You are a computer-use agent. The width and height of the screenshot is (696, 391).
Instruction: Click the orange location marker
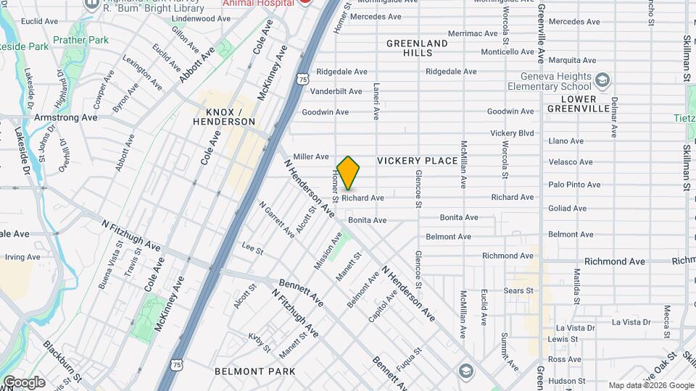pos(349,172)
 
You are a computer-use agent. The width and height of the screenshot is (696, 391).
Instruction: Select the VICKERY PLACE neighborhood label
pos(418,161)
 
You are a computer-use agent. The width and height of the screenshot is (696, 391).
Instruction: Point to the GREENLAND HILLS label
pos(417,49)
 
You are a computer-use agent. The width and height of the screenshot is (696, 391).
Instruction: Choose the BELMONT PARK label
pos(254,371)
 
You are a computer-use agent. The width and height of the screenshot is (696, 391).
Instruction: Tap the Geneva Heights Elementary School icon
pos(603,77)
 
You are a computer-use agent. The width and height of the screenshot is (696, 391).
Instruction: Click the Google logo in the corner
pos(24,382)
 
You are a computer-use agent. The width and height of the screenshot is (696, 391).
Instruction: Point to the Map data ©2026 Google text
pos(650,385)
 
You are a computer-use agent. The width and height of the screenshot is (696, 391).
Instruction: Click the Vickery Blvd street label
pos(512,133)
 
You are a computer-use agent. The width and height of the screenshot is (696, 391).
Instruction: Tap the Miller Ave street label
pos(312,156)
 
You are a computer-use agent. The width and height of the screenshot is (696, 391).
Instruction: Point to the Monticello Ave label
pos(507,52)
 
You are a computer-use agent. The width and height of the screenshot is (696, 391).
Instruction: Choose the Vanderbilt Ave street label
pos(336,91)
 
